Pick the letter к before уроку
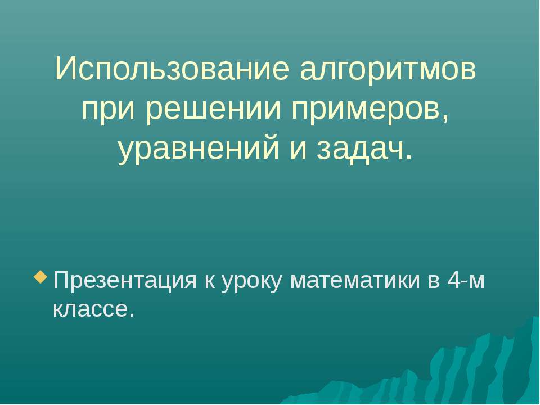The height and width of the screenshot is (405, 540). [x=206, y=281]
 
